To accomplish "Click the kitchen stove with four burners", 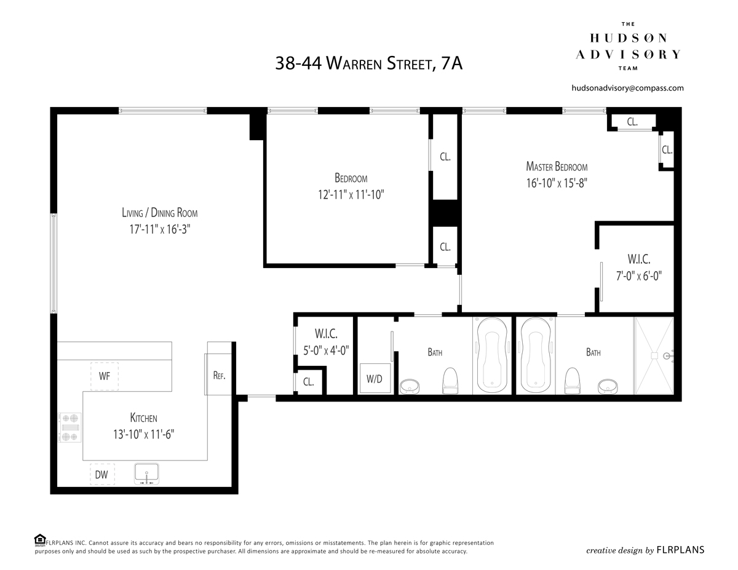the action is tap(69, 427).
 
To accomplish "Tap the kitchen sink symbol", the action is tap(147, 474).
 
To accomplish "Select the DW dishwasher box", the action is tap(102, 474).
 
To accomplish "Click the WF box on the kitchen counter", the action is tap(105, 376).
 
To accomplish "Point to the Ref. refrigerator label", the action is tap(219, 375).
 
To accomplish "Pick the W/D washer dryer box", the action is tap(375, 379).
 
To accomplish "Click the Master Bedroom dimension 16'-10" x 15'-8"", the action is tap(557, 183).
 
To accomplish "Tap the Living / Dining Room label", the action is tap(160, 213).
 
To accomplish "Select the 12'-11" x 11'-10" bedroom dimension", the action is tap(351, 195).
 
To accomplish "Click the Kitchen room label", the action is tap(144, 418).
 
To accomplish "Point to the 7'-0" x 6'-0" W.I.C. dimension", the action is tap(639, 275).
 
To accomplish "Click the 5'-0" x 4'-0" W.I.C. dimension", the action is tap(326, 350).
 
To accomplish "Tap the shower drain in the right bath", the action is tap(654, 356).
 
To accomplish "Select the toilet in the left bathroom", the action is tap(450, 381).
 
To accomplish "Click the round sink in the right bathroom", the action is tap(608, 386).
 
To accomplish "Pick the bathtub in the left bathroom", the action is tap(492, 355).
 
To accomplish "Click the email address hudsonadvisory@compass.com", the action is tap(628, 88).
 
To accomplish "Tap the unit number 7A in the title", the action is tap(451, 63).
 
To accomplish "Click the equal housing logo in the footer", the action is tap(40, 540).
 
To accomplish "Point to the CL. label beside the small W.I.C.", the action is tap(308, 382).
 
